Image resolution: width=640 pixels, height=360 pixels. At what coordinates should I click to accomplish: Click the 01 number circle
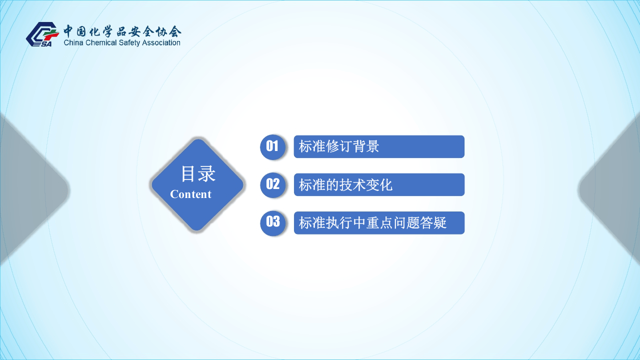point(272,146)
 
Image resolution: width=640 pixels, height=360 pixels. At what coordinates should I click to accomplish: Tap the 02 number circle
point(272,184)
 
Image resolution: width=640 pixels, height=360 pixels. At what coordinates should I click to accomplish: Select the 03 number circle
point(272,222)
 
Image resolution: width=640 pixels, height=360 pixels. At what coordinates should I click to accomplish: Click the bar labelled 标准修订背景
point(379,146)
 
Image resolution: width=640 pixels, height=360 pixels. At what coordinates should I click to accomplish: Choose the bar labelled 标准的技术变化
point(379,184)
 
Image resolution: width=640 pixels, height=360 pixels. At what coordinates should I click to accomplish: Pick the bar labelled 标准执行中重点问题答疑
point(379,222)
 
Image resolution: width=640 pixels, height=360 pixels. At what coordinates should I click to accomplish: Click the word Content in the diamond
point(190,194)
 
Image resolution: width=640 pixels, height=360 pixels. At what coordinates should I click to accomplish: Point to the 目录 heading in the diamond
point(198,174)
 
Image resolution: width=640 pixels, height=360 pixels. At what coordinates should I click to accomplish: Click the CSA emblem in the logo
point(42,34)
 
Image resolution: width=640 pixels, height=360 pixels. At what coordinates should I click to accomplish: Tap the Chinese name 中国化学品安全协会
point(122,31)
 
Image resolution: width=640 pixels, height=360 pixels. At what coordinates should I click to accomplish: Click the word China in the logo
point(74,43)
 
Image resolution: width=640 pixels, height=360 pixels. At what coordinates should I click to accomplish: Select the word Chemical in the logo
point(101,43)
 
